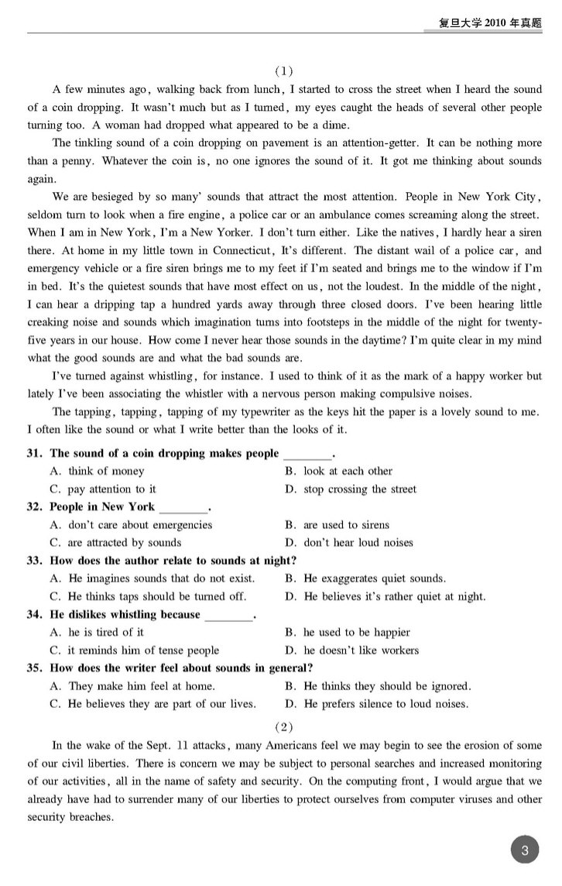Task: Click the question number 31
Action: click(35, 453)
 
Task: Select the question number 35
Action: click(35, 668)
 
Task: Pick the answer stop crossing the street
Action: click(359, 489)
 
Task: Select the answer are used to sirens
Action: click(346, 524)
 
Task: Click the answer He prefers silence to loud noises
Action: click(386, 704)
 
